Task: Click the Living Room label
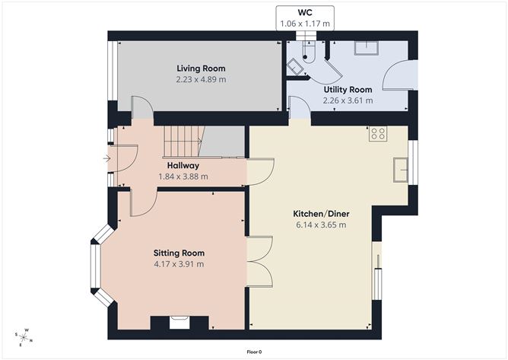[202, 68]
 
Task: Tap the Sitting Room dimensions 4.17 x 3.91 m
[179, 264]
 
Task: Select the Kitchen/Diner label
[320, 213]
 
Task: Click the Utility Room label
[348, 89]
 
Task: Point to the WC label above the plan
[305, 13]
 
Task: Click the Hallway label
[183, 165]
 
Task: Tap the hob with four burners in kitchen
[379, 135]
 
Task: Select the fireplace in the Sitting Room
[179, 323]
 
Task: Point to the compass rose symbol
[24, 336]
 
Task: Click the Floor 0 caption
[254, 352]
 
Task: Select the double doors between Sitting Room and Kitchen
[259, 261]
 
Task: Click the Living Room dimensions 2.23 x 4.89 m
[202, 79]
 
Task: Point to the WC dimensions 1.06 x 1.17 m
[305, 24]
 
